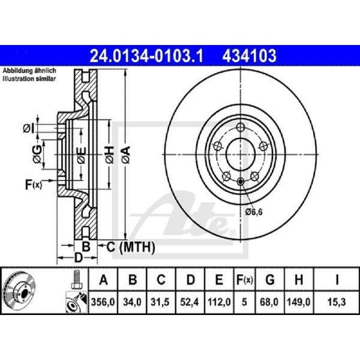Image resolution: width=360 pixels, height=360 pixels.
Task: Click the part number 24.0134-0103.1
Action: pos(146,56)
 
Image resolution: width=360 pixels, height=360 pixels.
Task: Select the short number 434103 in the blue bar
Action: pos(249,56)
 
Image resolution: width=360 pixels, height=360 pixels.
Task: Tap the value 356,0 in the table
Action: pos(103,302)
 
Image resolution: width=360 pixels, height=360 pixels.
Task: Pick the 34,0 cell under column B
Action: pos(132,302)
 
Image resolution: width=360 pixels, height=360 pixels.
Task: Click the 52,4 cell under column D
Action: pos(189,302)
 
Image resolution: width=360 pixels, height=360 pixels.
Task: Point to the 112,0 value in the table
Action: pos(219,302)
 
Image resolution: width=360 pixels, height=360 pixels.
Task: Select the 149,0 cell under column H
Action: pos(299,302)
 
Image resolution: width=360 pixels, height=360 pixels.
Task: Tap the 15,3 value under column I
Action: pos(337,302)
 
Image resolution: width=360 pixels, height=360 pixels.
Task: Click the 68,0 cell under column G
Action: pos(269,302)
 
